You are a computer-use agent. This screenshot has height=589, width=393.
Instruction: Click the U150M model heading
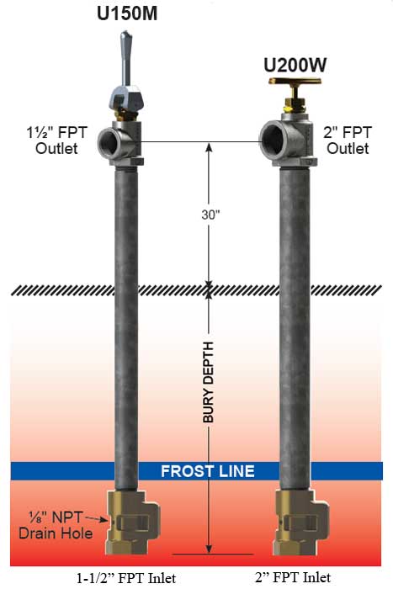point(127,13)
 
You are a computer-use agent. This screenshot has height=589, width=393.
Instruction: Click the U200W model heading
point(295,66)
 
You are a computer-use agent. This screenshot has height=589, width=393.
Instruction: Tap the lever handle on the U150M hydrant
point(126,58)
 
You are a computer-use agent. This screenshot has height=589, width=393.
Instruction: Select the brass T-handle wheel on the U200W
point(295,81)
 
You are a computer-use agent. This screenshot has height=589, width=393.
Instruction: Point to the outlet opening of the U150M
point(109,141)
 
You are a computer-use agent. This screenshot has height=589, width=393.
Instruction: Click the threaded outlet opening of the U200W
point(273,140)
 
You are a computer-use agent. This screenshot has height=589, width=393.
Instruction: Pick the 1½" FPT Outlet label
point(56,141)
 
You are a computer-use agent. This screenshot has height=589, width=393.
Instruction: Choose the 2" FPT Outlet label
point(348,141)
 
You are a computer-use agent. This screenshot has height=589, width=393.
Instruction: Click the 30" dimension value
point(210,215)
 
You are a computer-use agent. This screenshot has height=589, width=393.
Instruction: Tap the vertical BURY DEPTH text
point(208,382)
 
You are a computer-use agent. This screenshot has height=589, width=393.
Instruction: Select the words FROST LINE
point(208,471)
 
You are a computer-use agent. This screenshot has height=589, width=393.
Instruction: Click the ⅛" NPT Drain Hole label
point(56,525)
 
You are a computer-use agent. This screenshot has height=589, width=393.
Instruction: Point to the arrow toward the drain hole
point(96,519)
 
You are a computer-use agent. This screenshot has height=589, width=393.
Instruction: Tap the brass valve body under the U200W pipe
point(301,522)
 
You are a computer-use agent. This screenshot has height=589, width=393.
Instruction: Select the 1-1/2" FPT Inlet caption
point(126,578)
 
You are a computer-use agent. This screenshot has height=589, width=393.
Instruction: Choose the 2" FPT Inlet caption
point(293,577)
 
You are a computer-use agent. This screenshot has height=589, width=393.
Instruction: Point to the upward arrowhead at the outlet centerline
point(209,147)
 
